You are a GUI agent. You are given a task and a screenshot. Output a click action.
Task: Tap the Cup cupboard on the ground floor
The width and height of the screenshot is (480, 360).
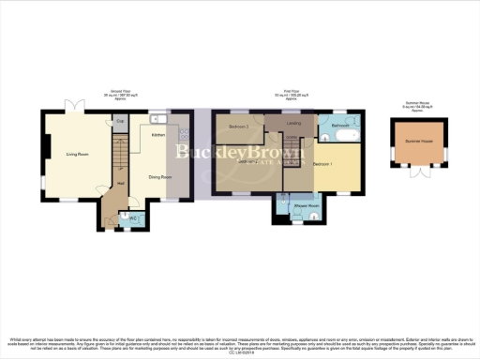coord(120,120)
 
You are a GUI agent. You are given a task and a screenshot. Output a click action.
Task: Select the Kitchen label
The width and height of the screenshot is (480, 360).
coord(158,135)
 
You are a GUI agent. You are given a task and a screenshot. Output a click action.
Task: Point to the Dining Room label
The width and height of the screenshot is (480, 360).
coord(159,176)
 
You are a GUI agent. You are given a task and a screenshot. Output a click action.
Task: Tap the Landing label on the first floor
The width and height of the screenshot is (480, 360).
coord(294,123)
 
